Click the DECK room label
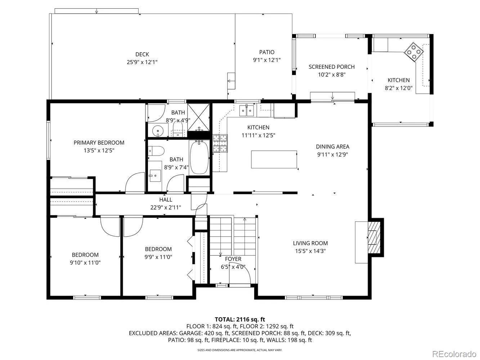(142, 54)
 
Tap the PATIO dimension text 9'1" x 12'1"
(266, 60)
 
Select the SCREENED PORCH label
(332, 67)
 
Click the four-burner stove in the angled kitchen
(414, 51)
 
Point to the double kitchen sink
(247, 111)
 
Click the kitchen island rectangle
(274, 159)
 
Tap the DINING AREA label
(332, 147)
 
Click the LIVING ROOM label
(310, 243)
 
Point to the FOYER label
(233, 259)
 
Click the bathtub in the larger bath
(199, 157)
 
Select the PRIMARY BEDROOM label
(99, 143)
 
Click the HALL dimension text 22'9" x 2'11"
(166, 207)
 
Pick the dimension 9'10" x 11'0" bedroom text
(85, 262)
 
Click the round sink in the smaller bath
(158, 131)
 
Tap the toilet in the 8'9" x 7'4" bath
(156, 151)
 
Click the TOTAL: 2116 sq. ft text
(240, 320)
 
